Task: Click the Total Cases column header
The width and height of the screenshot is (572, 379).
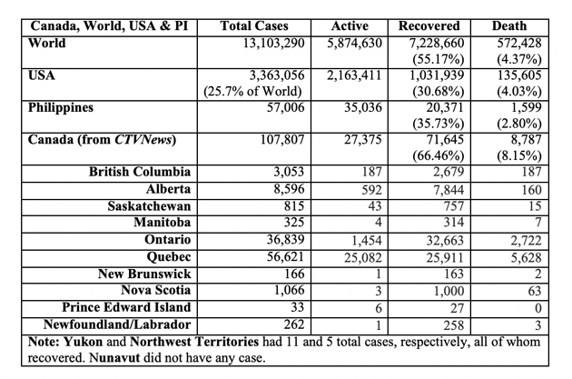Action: (254, 26)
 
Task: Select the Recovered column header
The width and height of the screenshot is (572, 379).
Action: (429, 26)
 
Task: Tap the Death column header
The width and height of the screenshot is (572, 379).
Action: (509, 26)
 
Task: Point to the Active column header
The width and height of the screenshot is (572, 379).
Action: (350, 26)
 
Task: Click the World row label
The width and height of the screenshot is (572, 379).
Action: (46, 43)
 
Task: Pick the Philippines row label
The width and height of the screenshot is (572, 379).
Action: (61, 108)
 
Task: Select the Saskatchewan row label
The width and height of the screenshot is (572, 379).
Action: (149, 206)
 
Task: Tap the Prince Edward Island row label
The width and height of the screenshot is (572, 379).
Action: (126, 307)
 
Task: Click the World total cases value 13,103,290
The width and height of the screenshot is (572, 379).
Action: (273, 44)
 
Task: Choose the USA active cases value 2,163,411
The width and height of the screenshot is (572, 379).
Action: (354, 75)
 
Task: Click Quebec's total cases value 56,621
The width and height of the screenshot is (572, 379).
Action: (285, 256)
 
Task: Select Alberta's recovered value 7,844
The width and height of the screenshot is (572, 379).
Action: (449, 190)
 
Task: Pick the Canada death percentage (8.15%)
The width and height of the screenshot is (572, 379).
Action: (518, 156)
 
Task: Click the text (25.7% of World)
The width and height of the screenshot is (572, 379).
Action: (252, 91)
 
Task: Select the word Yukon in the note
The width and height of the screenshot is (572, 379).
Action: (84, 342)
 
